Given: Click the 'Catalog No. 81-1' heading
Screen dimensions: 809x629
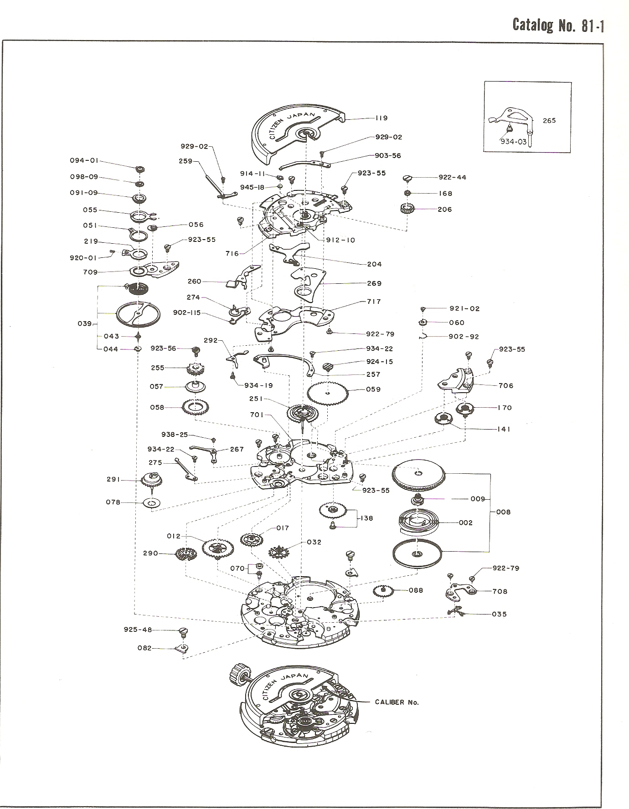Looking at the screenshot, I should coord(558,25).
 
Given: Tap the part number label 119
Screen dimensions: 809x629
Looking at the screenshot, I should coord(381,118).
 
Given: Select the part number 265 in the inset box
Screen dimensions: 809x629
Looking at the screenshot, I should coord(549,121).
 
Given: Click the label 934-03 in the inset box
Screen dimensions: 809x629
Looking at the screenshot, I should coord(514,142).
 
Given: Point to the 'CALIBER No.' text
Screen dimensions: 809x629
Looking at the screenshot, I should coord(397,702).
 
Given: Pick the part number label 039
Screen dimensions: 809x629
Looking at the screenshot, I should coord(85,323).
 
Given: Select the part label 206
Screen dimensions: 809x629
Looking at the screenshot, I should coord(444,210).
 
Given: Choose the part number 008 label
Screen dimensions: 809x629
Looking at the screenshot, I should coord(503,512).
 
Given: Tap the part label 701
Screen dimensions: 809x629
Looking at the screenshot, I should coord(257,415).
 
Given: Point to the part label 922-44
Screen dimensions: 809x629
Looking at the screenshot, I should coord(452,177).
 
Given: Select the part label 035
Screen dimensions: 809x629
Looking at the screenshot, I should coord(499,614).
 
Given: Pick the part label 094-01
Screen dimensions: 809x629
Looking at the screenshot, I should coord(84,160).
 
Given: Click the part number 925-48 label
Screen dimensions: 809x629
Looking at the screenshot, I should coord(138,630).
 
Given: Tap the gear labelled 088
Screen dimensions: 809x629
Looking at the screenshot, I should coord(383,592).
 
